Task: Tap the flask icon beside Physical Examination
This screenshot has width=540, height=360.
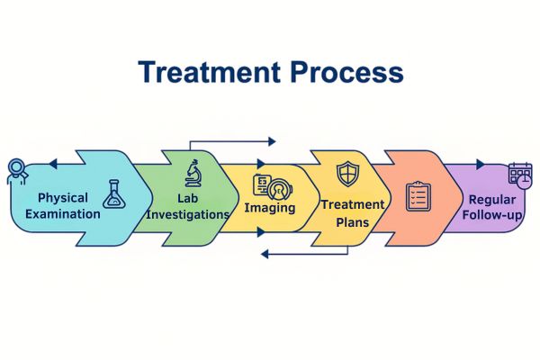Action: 113,193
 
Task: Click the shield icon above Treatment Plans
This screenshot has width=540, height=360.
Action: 346,174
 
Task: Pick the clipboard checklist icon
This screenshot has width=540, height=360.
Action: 418,196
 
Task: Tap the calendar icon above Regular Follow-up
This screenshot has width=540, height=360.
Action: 520,174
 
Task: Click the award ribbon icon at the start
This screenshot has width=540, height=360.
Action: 16,171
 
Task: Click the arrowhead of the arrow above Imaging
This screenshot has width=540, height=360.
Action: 272,141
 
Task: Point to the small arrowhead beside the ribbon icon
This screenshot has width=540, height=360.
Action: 52,164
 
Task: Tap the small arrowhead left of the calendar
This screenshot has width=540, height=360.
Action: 480,164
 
